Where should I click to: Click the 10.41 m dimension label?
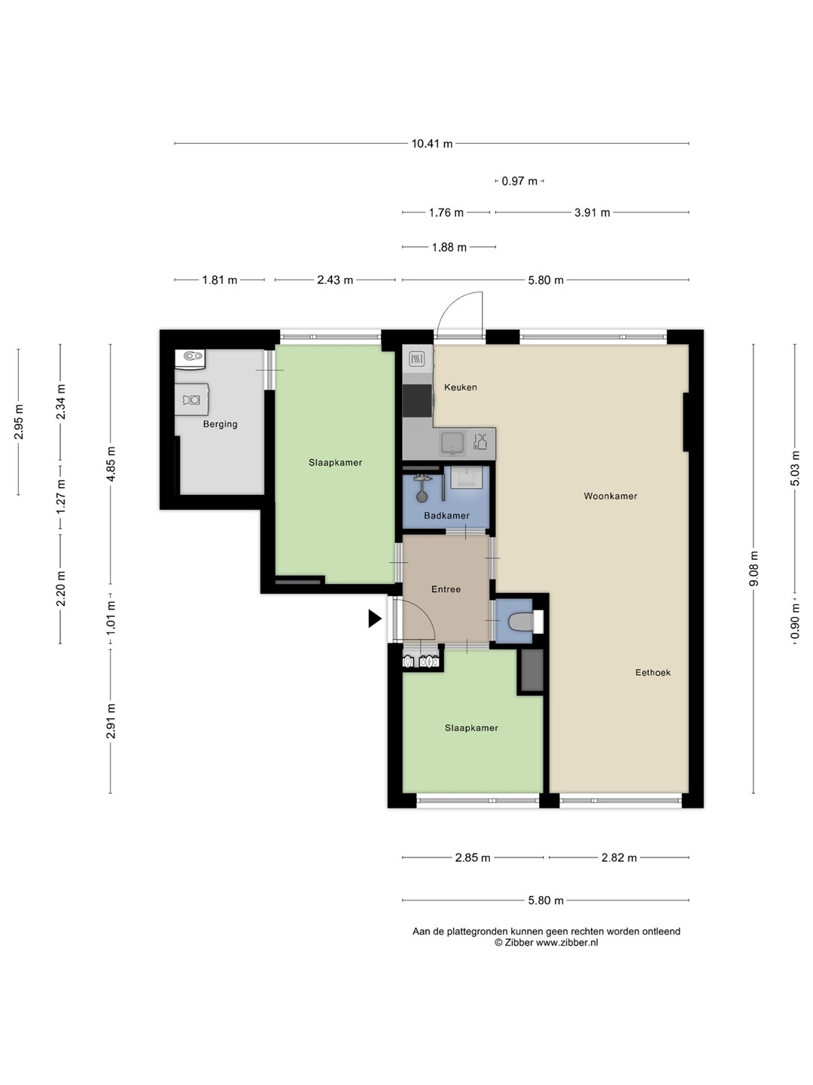tap(432, 144)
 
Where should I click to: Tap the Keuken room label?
tap(461, 387)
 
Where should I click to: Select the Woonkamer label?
tap(610, 496)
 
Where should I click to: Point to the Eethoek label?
tap(653, 672)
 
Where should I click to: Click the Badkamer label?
tap(446, 515)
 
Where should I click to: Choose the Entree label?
tap(446, 589)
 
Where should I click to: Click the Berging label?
tap(220, 424)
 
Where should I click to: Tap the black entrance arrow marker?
tap(375, 619)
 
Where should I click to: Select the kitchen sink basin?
tap(452, 443)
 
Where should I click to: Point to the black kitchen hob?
tap(418, 401)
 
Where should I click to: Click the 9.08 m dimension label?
tap(754, 568)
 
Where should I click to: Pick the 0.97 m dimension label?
tap(519, 182)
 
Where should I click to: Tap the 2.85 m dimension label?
tap(473, 857)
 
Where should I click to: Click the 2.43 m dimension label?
tap(335, 280)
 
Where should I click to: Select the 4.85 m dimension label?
tap(111, 463)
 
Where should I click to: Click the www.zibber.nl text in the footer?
tap(567, 943)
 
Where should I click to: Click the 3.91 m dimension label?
tap(592, 212)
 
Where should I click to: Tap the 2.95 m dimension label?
tap(19, 422)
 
